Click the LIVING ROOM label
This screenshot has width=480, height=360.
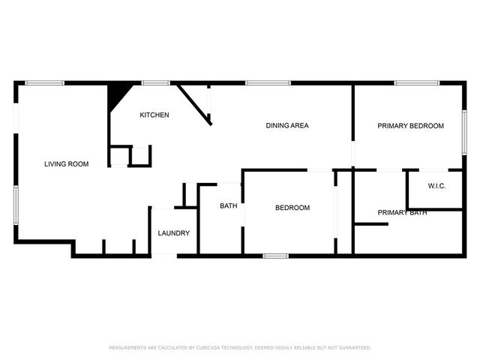[67, 164]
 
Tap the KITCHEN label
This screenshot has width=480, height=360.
[154, 115]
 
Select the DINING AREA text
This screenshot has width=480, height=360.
[287, 125]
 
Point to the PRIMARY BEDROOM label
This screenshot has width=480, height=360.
[410, 126]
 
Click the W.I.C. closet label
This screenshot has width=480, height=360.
[436, 186]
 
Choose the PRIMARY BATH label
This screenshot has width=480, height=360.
[402, 212]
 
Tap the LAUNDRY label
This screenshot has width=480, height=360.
[174, 233]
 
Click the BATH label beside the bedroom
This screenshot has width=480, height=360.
[228, 206]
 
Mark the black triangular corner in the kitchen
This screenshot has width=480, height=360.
[117, 95]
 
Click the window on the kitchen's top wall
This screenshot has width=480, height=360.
[155, 83]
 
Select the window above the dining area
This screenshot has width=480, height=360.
[268, 83]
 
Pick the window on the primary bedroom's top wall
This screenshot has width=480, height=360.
[417, 83]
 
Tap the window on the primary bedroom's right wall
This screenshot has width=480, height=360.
[464, 132]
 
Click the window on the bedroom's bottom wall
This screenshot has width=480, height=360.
[275, 256]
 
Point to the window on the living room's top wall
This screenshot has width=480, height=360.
[45, 83]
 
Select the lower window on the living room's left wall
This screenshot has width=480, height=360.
[16, 205]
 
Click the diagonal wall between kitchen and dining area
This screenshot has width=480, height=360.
[194, 105]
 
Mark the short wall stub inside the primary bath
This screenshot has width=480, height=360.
[372, 224]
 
